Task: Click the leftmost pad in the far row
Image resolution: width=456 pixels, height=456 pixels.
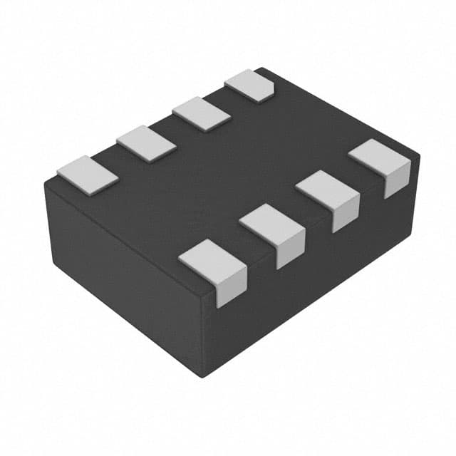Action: tap(87, 174)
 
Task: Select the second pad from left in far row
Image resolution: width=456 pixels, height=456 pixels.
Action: tap(146, 143)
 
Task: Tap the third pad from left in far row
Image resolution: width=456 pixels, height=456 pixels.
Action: tap(201, 114)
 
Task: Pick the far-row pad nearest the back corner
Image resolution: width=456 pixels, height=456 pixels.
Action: tap(249, 85)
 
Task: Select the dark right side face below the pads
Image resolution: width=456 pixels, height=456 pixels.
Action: tap(313, 285)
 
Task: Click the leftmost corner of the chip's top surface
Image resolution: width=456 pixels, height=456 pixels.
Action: tap(46, 182)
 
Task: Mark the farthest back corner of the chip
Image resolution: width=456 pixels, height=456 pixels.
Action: tap(261, 68)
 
